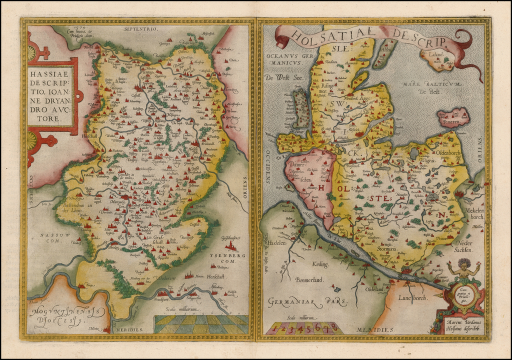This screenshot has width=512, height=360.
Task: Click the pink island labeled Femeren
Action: (x=453, y=117)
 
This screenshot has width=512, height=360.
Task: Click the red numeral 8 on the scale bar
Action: (x=334, y=326)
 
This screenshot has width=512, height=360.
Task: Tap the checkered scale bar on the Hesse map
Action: (x=201, y=324)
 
